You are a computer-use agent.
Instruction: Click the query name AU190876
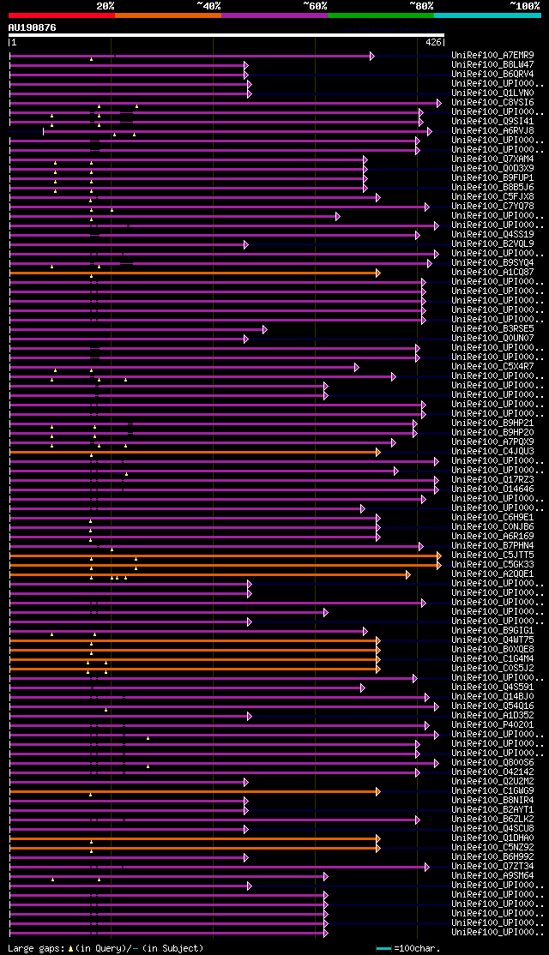pos(33,27)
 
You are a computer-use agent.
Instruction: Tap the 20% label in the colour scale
pos(105,6)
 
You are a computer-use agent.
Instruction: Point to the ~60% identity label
pos(315,6)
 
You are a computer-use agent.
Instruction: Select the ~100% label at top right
pos(524,6)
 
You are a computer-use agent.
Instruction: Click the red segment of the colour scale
pos(61,15)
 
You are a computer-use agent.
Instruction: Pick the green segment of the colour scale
pos(380,15)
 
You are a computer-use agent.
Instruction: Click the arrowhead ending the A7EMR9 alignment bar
pos(371,56)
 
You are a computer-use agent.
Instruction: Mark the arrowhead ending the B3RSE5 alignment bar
pos(264,329)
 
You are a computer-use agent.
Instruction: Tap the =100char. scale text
pos(417,948)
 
